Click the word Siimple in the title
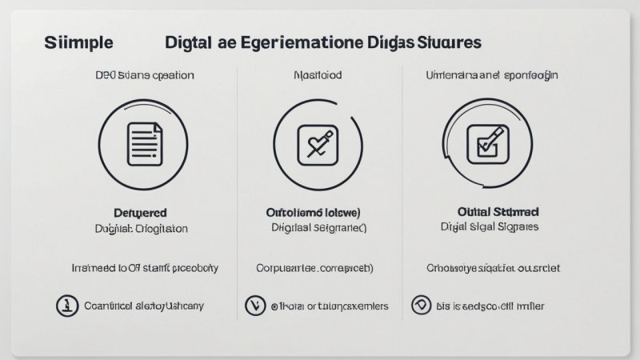point(79,42)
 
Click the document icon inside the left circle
point(144,144)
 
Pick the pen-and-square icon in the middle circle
point(314,144)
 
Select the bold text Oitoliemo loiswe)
point(313,213)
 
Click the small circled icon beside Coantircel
point(66,305)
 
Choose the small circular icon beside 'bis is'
point(420,305)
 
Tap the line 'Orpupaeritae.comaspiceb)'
point(314,268)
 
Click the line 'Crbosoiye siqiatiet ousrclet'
point(493,268)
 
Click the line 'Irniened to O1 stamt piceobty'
point(145,268)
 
